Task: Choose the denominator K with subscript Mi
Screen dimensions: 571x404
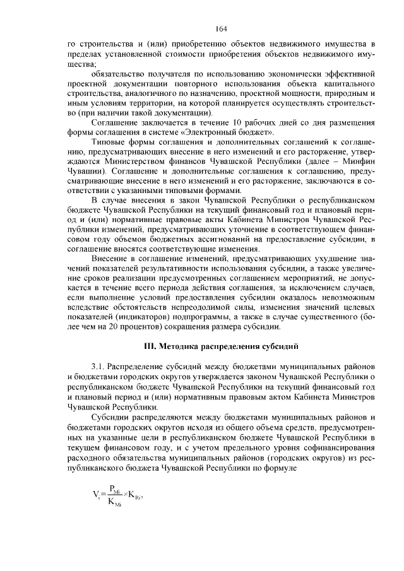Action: (x=114, y=503)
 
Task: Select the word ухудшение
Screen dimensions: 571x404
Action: (x=342, y=276)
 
